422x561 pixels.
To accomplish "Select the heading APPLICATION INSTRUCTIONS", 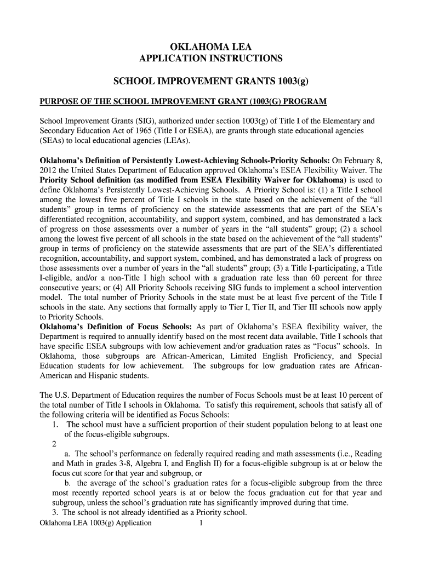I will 211,58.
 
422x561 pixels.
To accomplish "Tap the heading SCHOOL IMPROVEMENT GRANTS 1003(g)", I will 211,82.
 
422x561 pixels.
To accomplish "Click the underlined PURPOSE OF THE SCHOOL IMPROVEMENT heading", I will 184,102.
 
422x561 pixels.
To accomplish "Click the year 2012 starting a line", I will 47,170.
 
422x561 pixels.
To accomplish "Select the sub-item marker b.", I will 67,483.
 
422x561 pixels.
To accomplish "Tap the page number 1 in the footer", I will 202,523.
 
